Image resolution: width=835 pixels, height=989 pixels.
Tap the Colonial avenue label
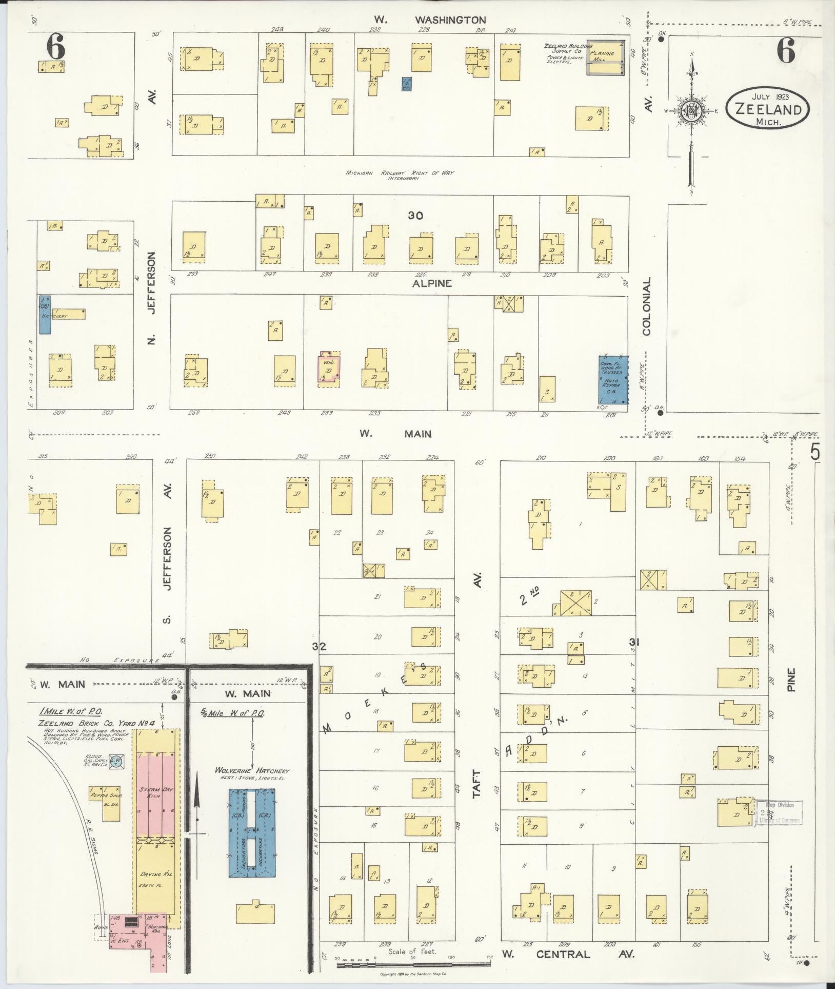pos(646,306)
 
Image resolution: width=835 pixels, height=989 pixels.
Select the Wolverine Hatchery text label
pos(252,771)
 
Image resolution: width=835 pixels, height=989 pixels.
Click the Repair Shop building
pos(104,802)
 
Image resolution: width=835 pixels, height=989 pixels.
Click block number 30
pos(415,216)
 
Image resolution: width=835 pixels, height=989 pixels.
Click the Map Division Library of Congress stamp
pos(779,812)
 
